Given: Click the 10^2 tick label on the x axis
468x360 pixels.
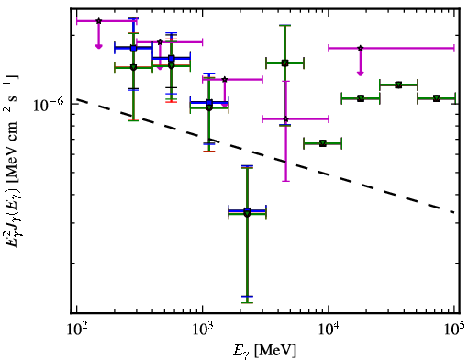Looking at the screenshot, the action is (x=77, y=330).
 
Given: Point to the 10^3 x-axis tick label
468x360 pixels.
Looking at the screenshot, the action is (x=203, y=330).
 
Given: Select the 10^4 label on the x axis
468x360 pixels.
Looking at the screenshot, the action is (x=329, y=330).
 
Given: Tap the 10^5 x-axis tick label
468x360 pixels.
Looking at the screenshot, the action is (x=454, y=330).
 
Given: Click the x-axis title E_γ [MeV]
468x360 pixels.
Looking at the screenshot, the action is (x=264, y=351).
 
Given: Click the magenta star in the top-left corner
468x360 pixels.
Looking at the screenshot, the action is (x=98, y=21).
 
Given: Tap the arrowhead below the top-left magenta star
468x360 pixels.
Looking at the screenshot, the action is (x=98, y=46).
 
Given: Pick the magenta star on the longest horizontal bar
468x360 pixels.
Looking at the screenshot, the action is (x=361, y=48).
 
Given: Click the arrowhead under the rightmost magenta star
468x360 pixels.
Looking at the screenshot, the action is (x=361, y=73).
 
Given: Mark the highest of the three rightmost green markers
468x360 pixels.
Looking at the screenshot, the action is (x=398, y=84).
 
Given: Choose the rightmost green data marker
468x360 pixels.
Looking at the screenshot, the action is (x=437, y=98).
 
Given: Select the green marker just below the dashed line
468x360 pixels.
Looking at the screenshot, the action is (x=323, y=143).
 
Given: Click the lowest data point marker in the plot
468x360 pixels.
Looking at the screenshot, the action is (x=247, y=213).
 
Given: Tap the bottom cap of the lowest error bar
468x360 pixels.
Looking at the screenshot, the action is (x=247, y=302).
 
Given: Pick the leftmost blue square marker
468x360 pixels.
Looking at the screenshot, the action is (x=133, y=48).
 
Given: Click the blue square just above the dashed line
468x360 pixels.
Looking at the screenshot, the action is (x=209, y=103).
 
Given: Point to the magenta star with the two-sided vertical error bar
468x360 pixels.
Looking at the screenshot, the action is (x=285, y=119).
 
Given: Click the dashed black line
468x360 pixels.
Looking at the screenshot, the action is (x=265, y=155).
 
